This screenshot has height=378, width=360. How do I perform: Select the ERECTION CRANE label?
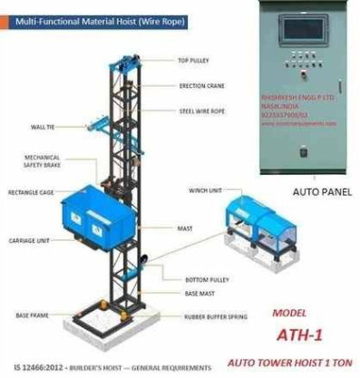pyautogui.click(x=197, y=87)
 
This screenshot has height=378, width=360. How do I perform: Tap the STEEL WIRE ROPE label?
pyautogui.click(x=200, y=111)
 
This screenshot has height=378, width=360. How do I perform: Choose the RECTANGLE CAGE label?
pyautogui.click(x=30, y=192)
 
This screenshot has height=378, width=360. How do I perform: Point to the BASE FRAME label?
pyautogui.click(x=32, y=315)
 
